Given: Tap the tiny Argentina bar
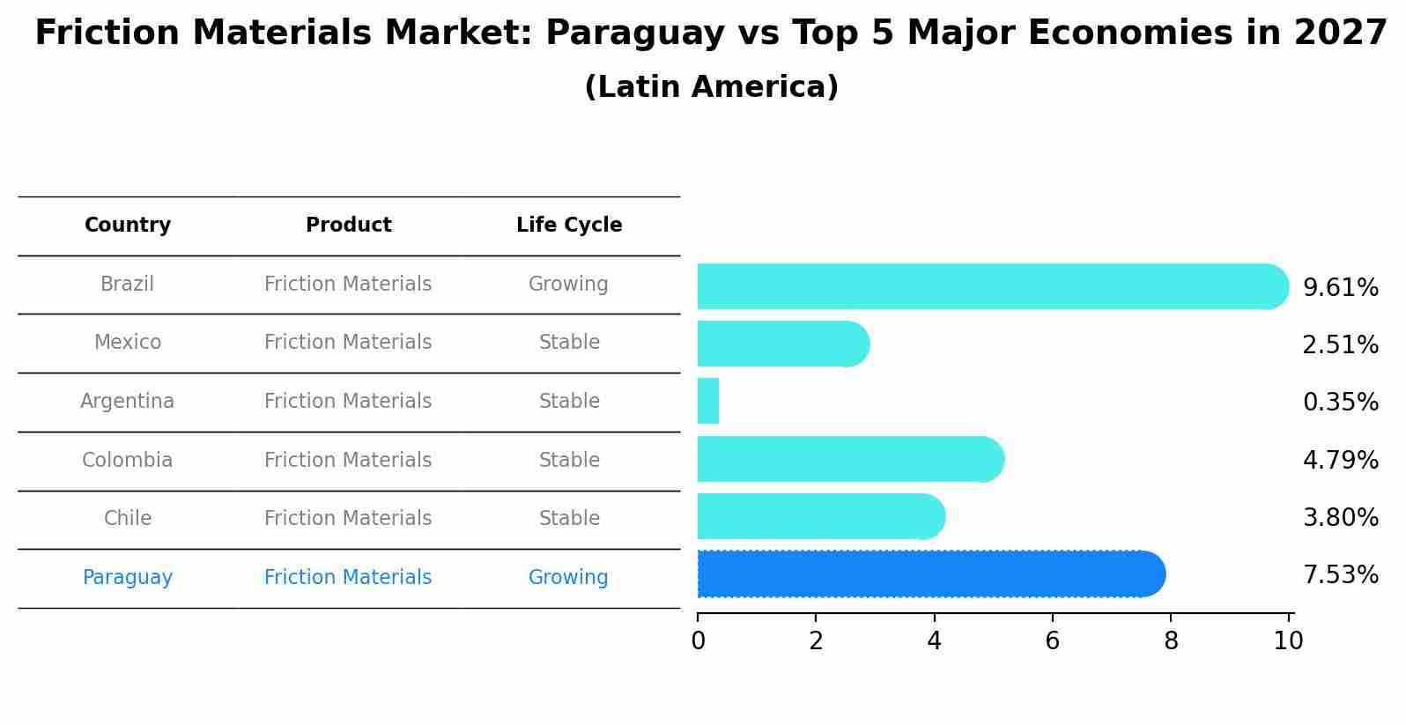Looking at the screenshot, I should click(x=708, y=401).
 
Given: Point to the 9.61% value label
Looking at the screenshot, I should click(x=1340, y=288).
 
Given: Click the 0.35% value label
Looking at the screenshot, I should click(x=1340, y=403).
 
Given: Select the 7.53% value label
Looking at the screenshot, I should click(x=1340, y=575).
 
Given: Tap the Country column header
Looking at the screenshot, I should click(x=128, y=226).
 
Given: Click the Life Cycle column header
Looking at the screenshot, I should click(x=569, y=226).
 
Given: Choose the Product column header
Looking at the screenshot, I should click(x=348, y=226).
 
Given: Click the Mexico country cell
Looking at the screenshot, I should click(x=128, y=343).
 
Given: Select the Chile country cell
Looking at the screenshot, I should click(x=128, y=519).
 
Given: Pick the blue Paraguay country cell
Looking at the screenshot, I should click(x=128, y=578).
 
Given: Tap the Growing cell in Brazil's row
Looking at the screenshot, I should click(x=568, y=285).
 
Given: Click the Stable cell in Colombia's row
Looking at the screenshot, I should click(x=569, y=461).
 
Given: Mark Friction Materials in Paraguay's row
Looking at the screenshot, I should click(x=348, y=578).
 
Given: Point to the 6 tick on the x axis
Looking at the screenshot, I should click(x=1052, y=641).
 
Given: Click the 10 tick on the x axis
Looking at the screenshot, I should click(x=1288, y=641).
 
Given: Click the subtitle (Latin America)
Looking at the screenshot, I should click(x=711, y=87).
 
